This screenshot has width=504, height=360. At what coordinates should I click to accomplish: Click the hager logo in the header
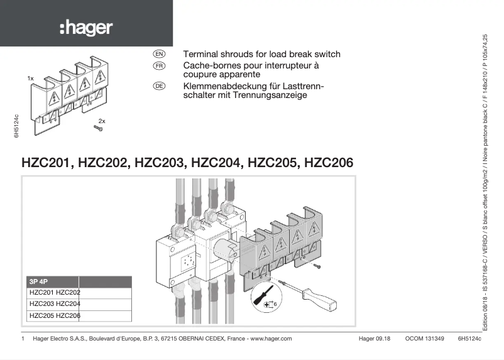[86, 28]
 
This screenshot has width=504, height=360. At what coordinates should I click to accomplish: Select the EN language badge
[159, 55]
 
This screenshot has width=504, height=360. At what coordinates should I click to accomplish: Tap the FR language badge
[159, 65]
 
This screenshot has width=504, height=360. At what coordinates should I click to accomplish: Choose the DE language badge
[159, 85]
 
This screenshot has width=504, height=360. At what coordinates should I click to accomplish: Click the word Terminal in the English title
[200, 55]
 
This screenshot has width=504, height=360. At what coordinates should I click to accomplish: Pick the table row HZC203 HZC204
[55, 304]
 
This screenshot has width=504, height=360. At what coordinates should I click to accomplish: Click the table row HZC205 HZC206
[55, 316]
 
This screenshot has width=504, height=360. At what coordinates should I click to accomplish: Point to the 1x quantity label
[30, 78]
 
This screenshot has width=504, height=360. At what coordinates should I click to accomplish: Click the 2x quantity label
[102, 120]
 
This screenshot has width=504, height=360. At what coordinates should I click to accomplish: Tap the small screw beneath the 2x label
[99, 129]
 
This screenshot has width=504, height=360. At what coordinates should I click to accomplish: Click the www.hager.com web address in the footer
[271, 339]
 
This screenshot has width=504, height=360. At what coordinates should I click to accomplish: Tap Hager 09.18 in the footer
[375, 339]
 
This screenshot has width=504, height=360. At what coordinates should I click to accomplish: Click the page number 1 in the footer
[23, 339]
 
